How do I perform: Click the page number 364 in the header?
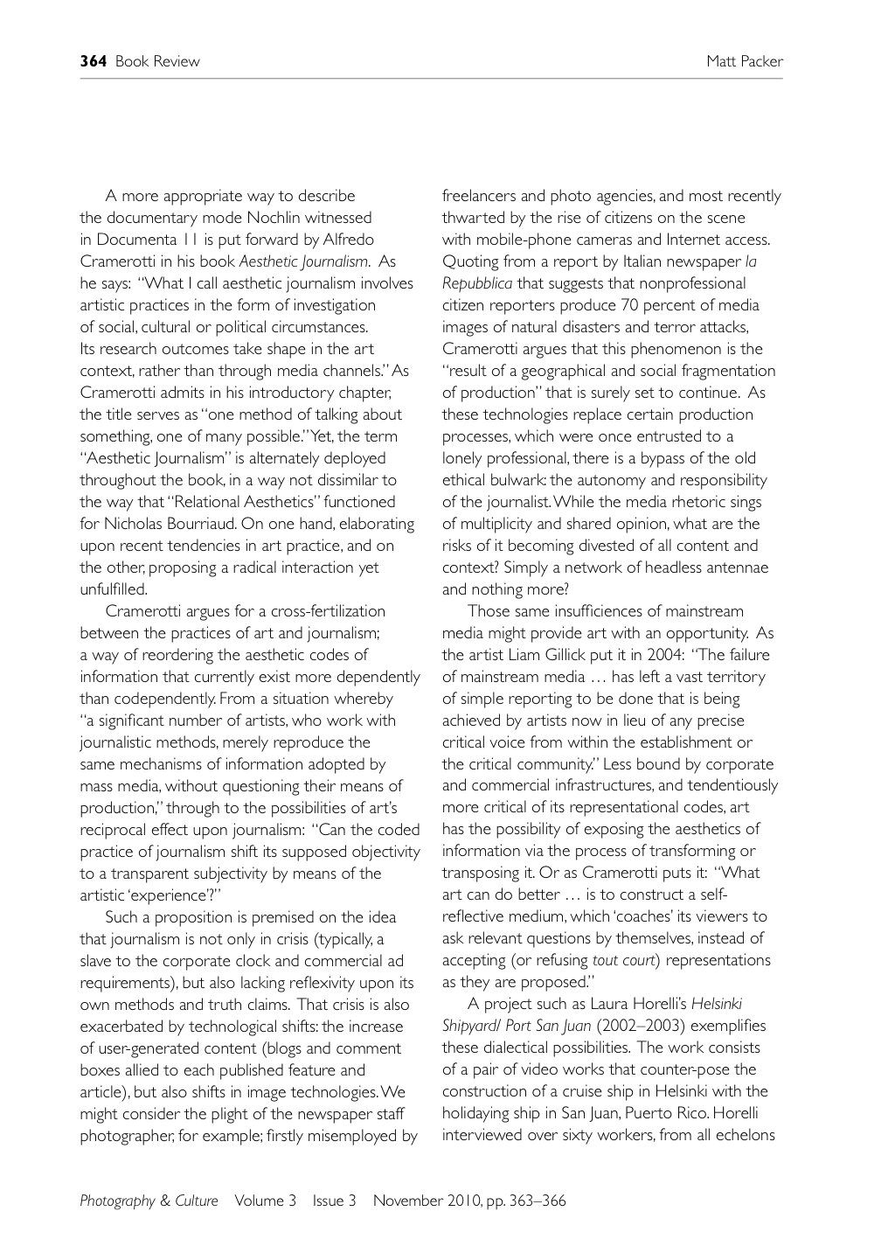(x=93, y=61)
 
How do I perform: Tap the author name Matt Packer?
(x=745, y=61)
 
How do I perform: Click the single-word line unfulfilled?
(x=114, y=589)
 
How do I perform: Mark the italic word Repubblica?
(x=477, y=283)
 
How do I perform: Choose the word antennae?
(x=739, y=567)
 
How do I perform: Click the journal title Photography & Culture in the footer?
(x=149, y=1201)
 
